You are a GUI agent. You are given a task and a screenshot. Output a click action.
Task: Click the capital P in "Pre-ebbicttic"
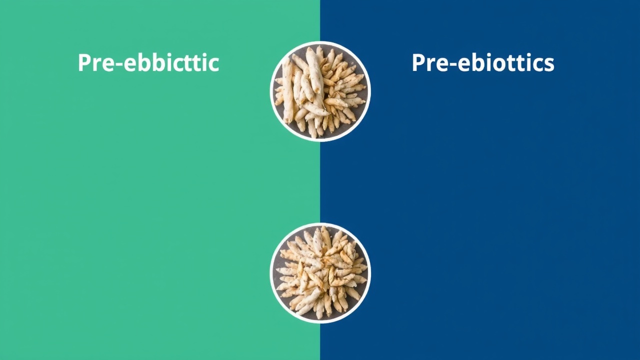(84, 62)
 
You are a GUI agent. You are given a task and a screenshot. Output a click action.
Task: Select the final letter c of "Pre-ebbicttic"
(213, 65)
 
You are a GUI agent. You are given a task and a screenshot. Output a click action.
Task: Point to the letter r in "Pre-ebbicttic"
(97, 65)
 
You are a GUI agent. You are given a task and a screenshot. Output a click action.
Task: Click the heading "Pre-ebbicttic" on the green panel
(148, 62)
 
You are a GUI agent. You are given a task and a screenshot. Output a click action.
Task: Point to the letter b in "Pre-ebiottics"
(476, 62)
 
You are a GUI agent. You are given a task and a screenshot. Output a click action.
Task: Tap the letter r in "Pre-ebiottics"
(431, 65)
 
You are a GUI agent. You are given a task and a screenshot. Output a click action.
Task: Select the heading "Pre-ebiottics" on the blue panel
(483, 62)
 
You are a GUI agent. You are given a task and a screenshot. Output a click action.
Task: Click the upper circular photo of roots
(320, 91)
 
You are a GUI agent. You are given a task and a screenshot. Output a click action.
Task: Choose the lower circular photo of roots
(320, 273)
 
